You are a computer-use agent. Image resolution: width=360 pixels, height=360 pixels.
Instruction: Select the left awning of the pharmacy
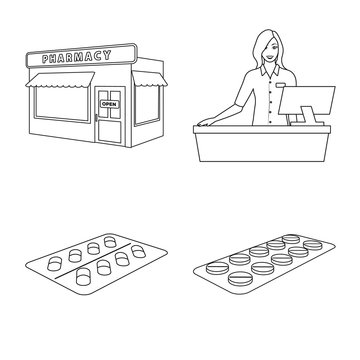(x=58, y=81)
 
